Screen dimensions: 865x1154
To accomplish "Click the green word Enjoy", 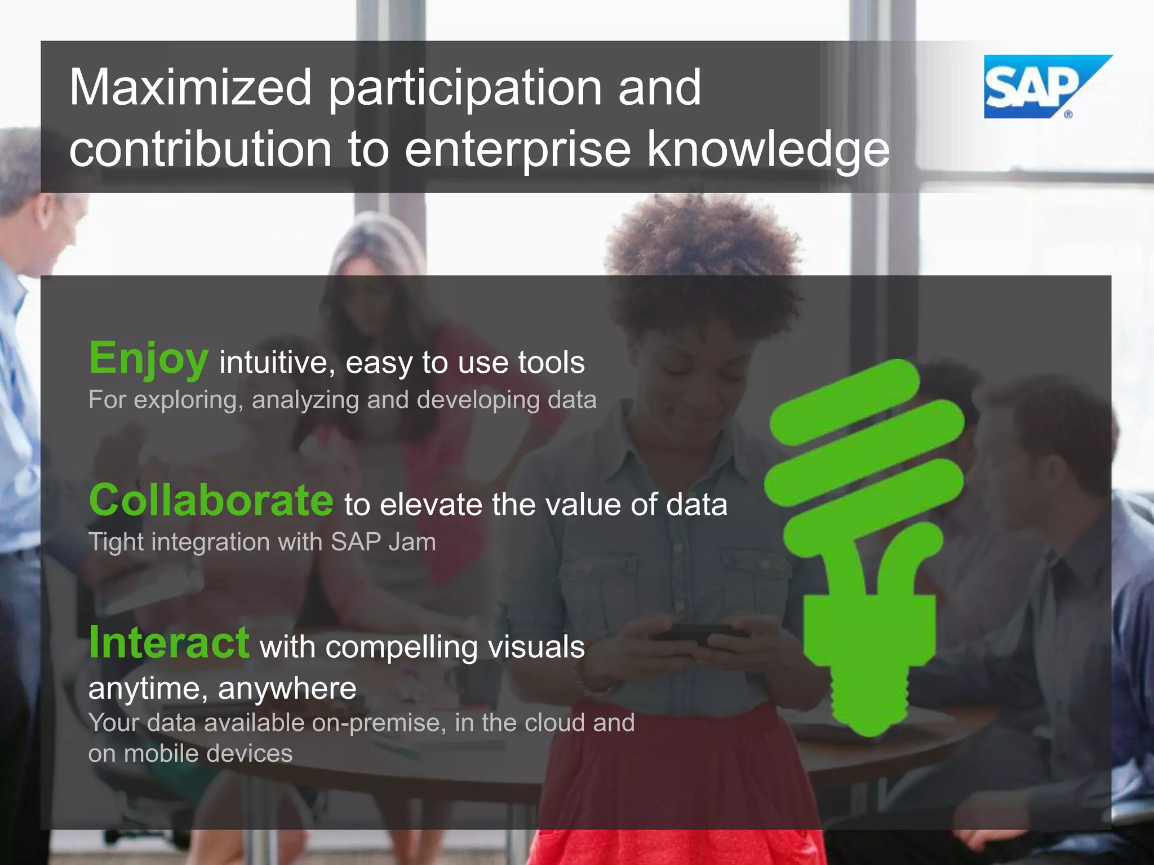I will (149, 359).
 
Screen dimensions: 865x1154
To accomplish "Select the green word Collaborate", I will (211, 501).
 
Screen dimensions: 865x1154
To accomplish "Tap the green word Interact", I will (169, 643).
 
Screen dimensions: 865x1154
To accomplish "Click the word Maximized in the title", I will (190, 88).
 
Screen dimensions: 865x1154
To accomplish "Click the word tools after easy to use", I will (551, 362).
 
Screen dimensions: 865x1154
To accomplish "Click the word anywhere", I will (287, 688).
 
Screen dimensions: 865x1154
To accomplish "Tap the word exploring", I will (188, 400).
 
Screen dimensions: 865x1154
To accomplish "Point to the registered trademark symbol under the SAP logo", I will (1068, 114).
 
